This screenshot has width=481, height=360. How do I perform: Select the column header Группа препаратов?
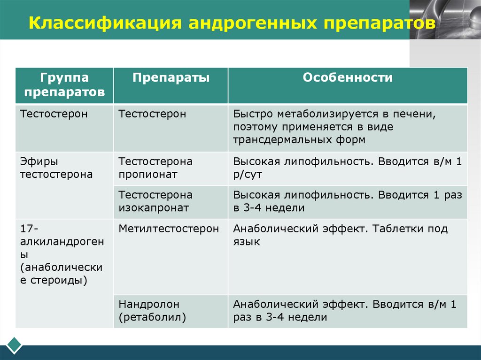(64, 84)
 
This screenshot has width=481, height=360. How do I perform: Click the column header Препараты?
(171, 77)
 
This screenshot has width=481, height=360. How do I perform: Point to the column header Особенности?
(348, 77)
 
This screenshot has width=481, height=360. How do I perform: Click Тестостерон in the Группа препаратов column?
(54, 114)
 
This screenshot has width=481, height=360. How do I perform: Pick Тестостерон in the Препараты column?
(152, 114)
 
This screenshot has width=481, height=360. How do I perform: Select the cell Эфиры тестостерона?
(56, 168)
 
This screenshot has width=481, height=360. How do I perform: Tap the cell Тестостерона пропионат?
(155, 168)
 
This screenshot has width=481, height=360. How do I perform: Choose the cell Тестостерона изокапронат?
(155, 201)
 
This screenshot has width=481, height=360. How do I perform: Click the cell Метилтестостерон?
(169, 229)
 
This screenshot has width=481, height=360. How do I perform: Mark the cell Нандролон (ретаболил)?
(153, 311)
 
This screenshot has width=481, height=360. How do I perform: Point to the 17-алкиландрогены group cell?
(62, 254)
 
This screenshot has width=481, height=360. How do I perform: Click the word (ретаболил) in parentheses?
(153, 317)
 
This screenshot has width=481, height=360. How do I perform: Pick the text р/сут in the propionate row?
(247, 175)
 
